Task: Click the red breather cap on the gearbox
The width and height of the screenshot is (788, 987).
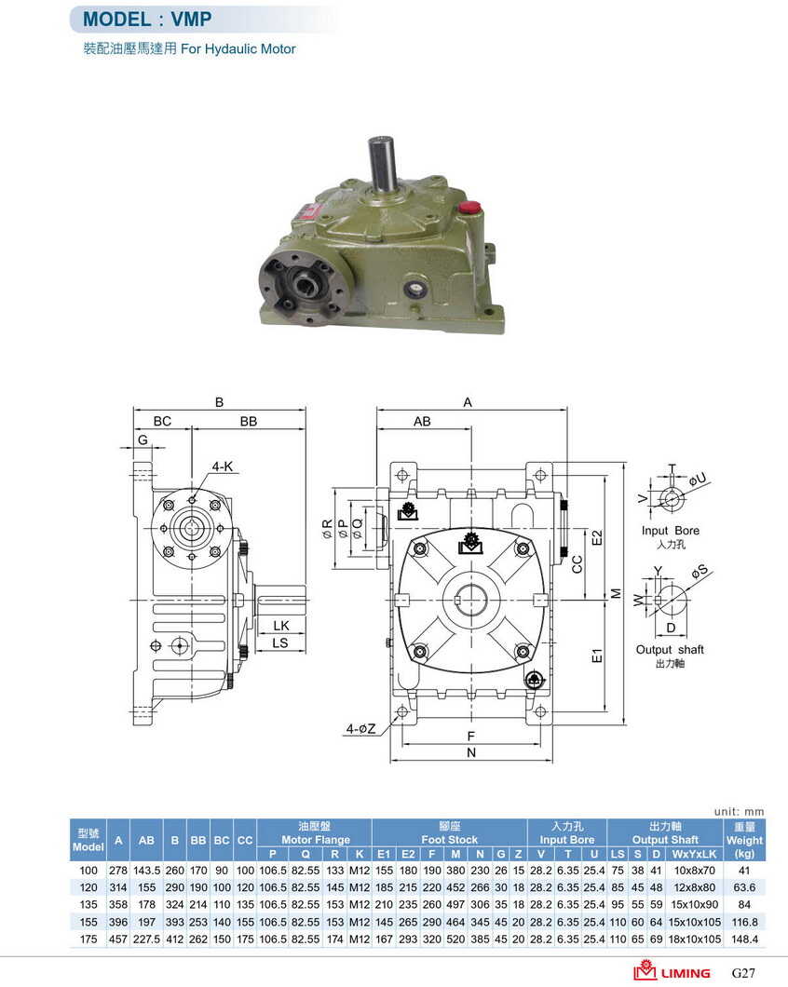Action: pos(469,207)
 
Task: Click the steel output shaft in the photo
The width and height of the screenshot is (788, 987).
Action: pos(382,165)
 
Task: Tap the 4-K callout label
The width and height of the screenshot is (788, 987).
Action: pos(223,466)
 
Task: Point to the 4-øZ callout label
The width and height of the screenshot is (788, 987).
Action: pos(360,728)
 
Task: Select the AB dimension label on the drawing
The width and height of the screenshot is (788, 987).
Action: pos(422,421)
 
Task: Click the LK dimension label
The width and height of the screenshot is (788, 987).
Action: pos(281,625)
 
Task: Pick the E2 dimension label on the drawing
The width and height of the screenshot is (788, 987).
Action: pos(597,538)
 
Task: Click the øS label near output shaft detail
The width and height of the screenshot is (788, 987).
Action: pos(700,572)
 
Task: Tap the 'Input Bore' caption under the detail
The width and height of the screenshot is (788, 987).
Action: pos(671,531)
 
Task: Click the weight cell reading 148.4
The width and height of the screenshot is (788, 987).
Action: pos(744,940)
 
